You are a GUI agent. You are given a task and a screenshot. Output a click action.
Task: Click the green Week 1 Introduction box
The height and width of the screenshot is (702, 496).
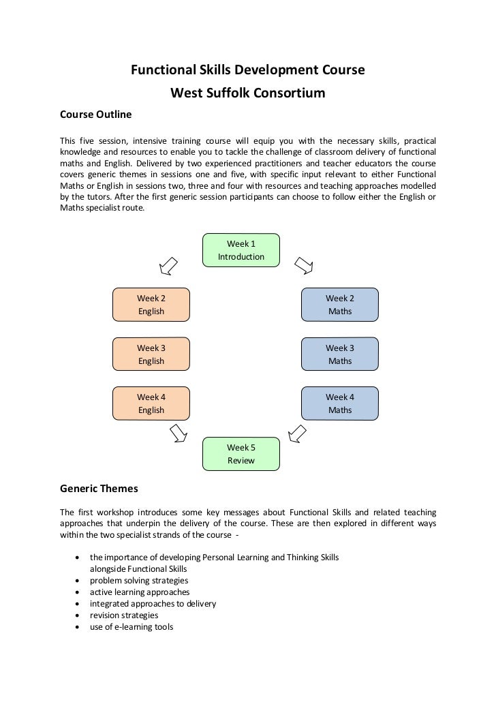(x=241, y=250)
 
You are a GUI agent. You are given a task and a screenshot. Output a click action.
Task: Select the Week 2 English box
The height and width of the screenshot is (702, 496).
(x=151, y=305)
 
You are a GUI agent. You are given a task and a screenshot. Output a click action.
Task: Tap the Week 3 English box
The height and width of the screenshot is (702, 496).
(x=151, y=354)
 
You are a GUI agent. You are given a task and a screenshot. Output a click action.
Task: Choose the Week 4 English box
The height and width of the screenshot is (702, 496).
(x=151, y=403)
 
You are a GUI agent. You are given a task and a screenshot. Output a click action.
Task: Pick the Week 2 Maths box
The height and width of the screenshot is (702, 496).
(x=339, y=305)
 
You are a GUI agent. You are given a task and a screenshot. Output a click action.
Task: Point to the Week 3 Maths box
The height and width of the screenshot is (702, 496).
(x=339, y=354)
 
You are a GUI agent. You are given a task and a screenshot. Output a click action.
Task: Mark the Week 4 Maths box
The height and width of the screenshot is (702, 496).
(x=339, y=403)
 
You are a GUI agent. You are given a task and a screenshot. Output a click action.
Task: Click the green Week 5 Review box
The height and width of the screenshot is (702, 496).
(x=241, y=454)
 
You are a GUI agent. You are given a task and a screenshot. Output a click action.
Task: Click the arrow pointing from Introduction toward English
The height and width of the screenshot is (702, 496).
(x=168, y=266)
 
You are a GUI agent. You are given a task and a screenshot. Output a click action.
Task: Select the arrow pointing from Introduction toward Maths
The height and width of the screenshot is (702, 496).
(x=303, y=265)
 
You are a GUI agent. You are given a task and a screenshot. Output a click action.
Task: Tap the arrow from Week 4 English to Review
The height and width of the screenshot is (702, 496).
(x=179, y=432)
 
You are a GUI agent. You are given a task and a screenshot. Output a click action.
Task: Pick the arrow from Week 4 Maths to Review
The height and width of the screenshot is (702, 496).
(x=297, y=432)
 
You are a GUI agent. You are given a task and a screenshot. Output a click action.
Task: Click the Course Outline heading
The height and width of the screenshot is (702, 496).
(x=95, y=115)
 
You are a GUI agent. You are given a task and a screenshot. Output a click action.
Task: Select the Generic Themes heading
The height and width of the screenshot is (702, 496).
(x=99, y=489)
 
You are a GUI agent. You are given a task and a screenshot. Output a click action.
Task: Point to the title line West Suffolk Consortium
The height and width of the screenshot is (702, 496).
(x=247, y=93)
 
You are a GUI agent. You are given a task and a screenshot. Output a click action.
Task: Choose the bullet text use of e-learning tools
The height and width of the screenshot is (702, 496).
(x=131, y=627)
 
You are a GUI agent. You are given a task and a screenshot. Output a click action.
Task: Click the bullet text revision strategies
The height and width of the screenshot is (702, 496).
(x=124, y=615)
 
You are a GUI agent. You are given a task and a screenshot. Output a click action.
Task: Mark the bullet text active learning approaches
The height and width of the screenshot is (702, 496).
(x=140, y=592)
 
